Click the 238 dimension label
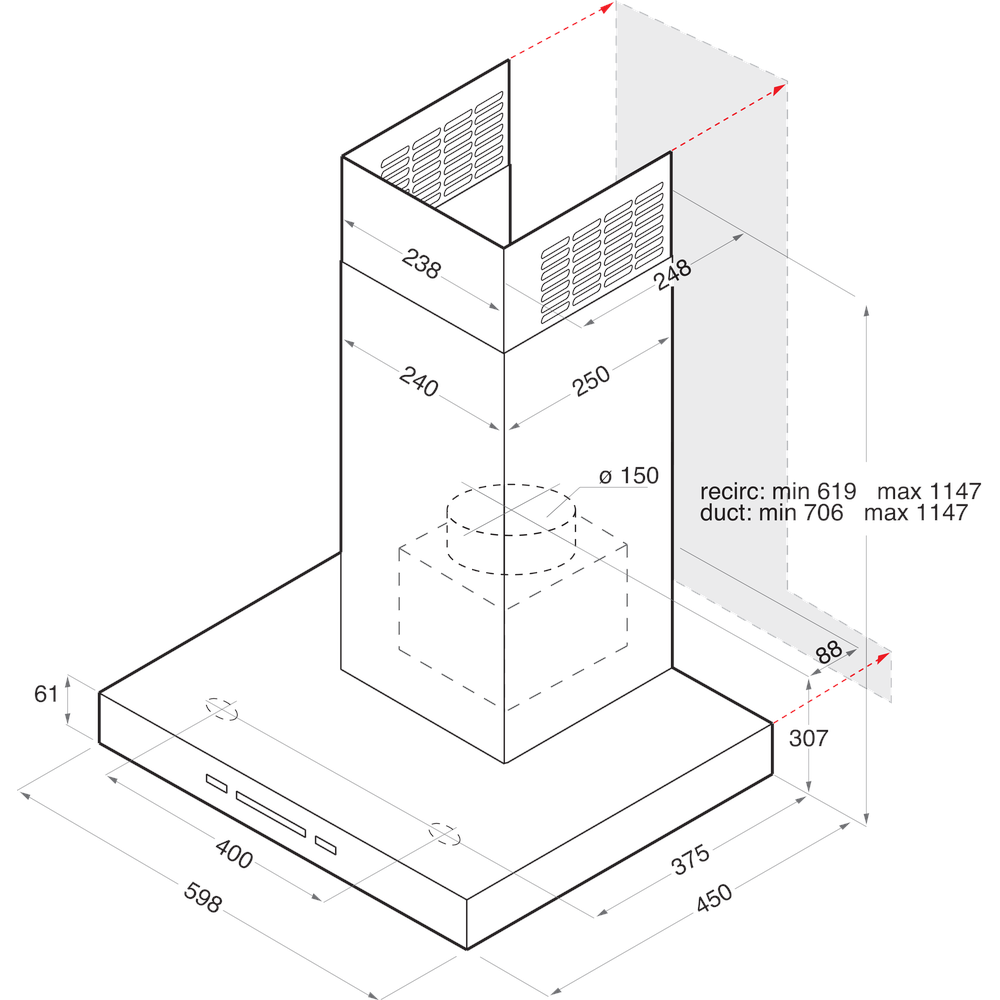[421, 263]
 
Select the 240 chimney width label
[418, 382]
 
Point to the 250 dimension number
[591, 381]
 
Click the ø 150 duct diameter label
[629, 476]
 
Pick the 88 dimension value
[829, 652]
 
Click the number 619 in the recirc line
[836, 492]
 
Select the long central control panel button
[271, 812]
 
